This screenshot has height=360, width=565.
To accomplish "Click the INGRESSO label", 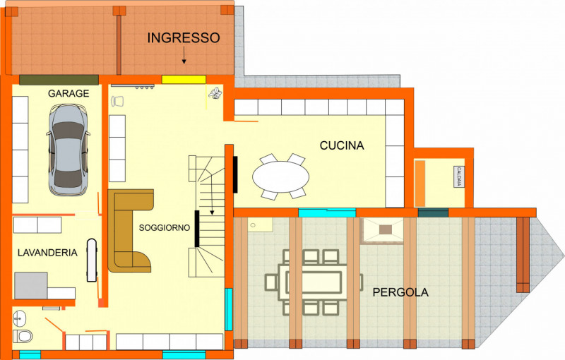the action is tap(184, 38).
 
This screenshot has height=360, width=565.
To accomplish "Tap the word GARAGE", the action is tap(69, 94).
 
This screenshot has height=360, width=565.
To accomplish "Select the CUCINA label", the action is tap(342, 145).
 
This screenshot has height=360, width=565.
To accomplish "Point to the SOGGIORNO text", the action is tap(165, 227).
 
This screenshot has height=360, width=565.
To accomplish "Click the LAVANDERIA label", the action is tap(47, 253).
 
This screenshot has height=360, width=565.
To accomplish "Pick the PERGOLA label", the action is tap(400, 292).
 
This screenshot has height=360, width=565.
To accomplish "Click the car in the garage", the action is tap(68, 150).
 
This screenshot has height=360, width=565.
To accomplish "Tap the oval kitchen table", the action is tap(280, 176).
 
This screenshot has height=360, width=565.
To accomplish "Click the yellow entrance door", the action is tap(184, 79).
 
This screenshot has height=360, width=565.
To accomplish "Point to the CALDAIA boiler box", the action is tap(458, 176).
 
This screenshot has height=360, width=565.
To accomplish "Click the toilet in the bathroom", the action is tap(23, 336).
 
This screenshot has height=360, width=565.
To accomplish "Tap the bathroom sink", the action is tap(19, 318).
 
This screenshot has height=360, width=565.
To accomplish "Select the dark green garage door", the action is tap(59, 80).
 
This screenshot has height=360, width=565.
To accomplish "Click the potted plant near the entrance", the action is tap(215, 93).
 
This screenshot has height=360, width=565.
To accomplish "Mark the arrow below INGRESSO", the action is tap(184, 56).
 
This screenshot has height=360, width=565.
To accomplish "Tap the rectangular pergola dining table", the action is tap(313, 282).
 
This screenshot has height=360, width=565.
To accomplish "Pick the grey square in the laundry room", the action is tap(31, 285).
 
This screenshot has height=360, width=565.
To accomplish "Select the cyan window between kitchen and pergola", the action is tap(327, 212).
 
